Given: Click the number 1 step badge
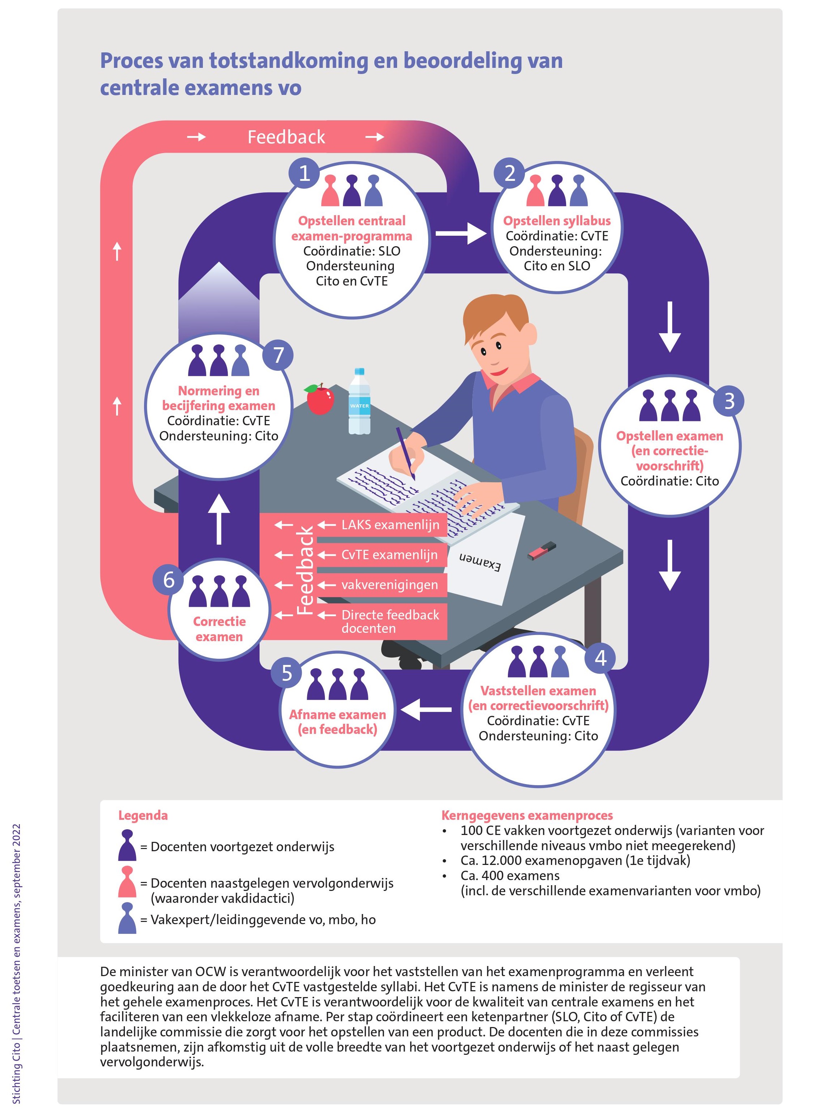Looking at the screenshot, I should click(304, 173).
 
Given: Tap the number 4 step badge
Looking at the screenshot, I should click(600, 658).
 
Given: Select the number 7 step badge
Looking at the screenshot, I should click(278, 355).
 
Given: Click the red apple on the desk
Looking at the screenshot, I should click(319, 399).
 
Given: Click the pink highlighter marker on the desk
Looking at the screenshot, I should click(542, 551).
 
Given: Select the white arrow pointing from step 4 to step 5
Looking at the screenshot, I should click(426, 709).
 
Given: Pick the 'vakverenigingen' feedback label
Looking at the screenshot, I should click(389, 585).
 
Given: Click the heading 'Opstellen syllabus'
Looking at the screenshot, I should click(557, 221).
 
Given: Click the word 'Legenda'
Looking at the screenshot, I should click(143, 815).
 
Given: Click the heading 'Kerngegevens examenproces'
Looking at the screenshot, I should click(527, 815).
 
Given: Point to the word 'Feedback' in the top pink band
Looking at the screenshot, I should click(286, 137).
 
